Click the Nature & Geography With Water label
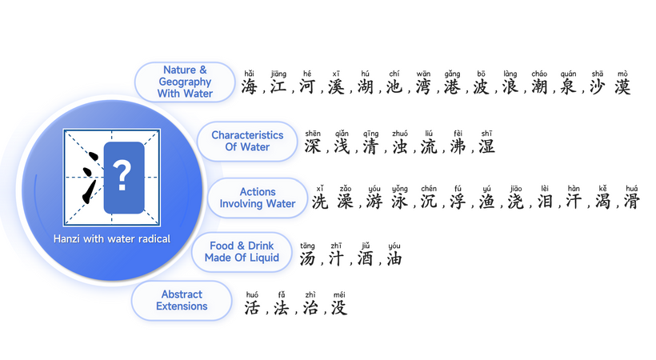(x=185, y=82)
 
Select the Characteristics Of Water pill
(x=247, y=141)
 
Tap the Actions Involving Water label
(x=258, y=198)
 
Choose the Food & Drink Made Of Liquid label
(x=242, y=251)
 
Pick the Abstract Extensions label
(x=182, y=300)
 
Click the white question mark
(x=122, y=176)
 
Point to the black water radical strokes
(x=90, y=177)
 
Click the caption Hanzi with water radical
(x=112, y=239)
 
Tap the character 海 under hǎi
(x=250, y=86)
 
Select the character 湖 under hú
(x=366, y=86)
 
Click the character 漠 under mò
(x=622, y=86)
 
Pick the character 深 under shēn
(x=313, y=146)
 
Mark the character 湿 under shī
(x=486, y=146)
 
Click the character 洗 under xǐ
(x=320, y=202)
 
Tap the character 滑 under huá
(x=632, y=202)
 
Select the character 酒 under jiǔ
(x=366, y=258)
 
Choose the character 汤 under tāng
(x=307, y=258)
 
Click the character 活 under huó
(x=252, y=308)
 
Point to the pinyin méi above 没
(x=339, y=295)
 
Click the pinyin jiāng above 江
(x=278, y=74)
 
